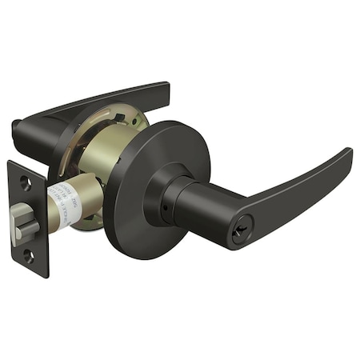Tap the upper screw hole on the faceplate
(26, 183)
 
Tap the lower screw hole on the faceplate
(28, 256)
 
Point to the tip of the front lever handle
(347, 155)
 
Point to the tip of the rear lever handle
(165, 90)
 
